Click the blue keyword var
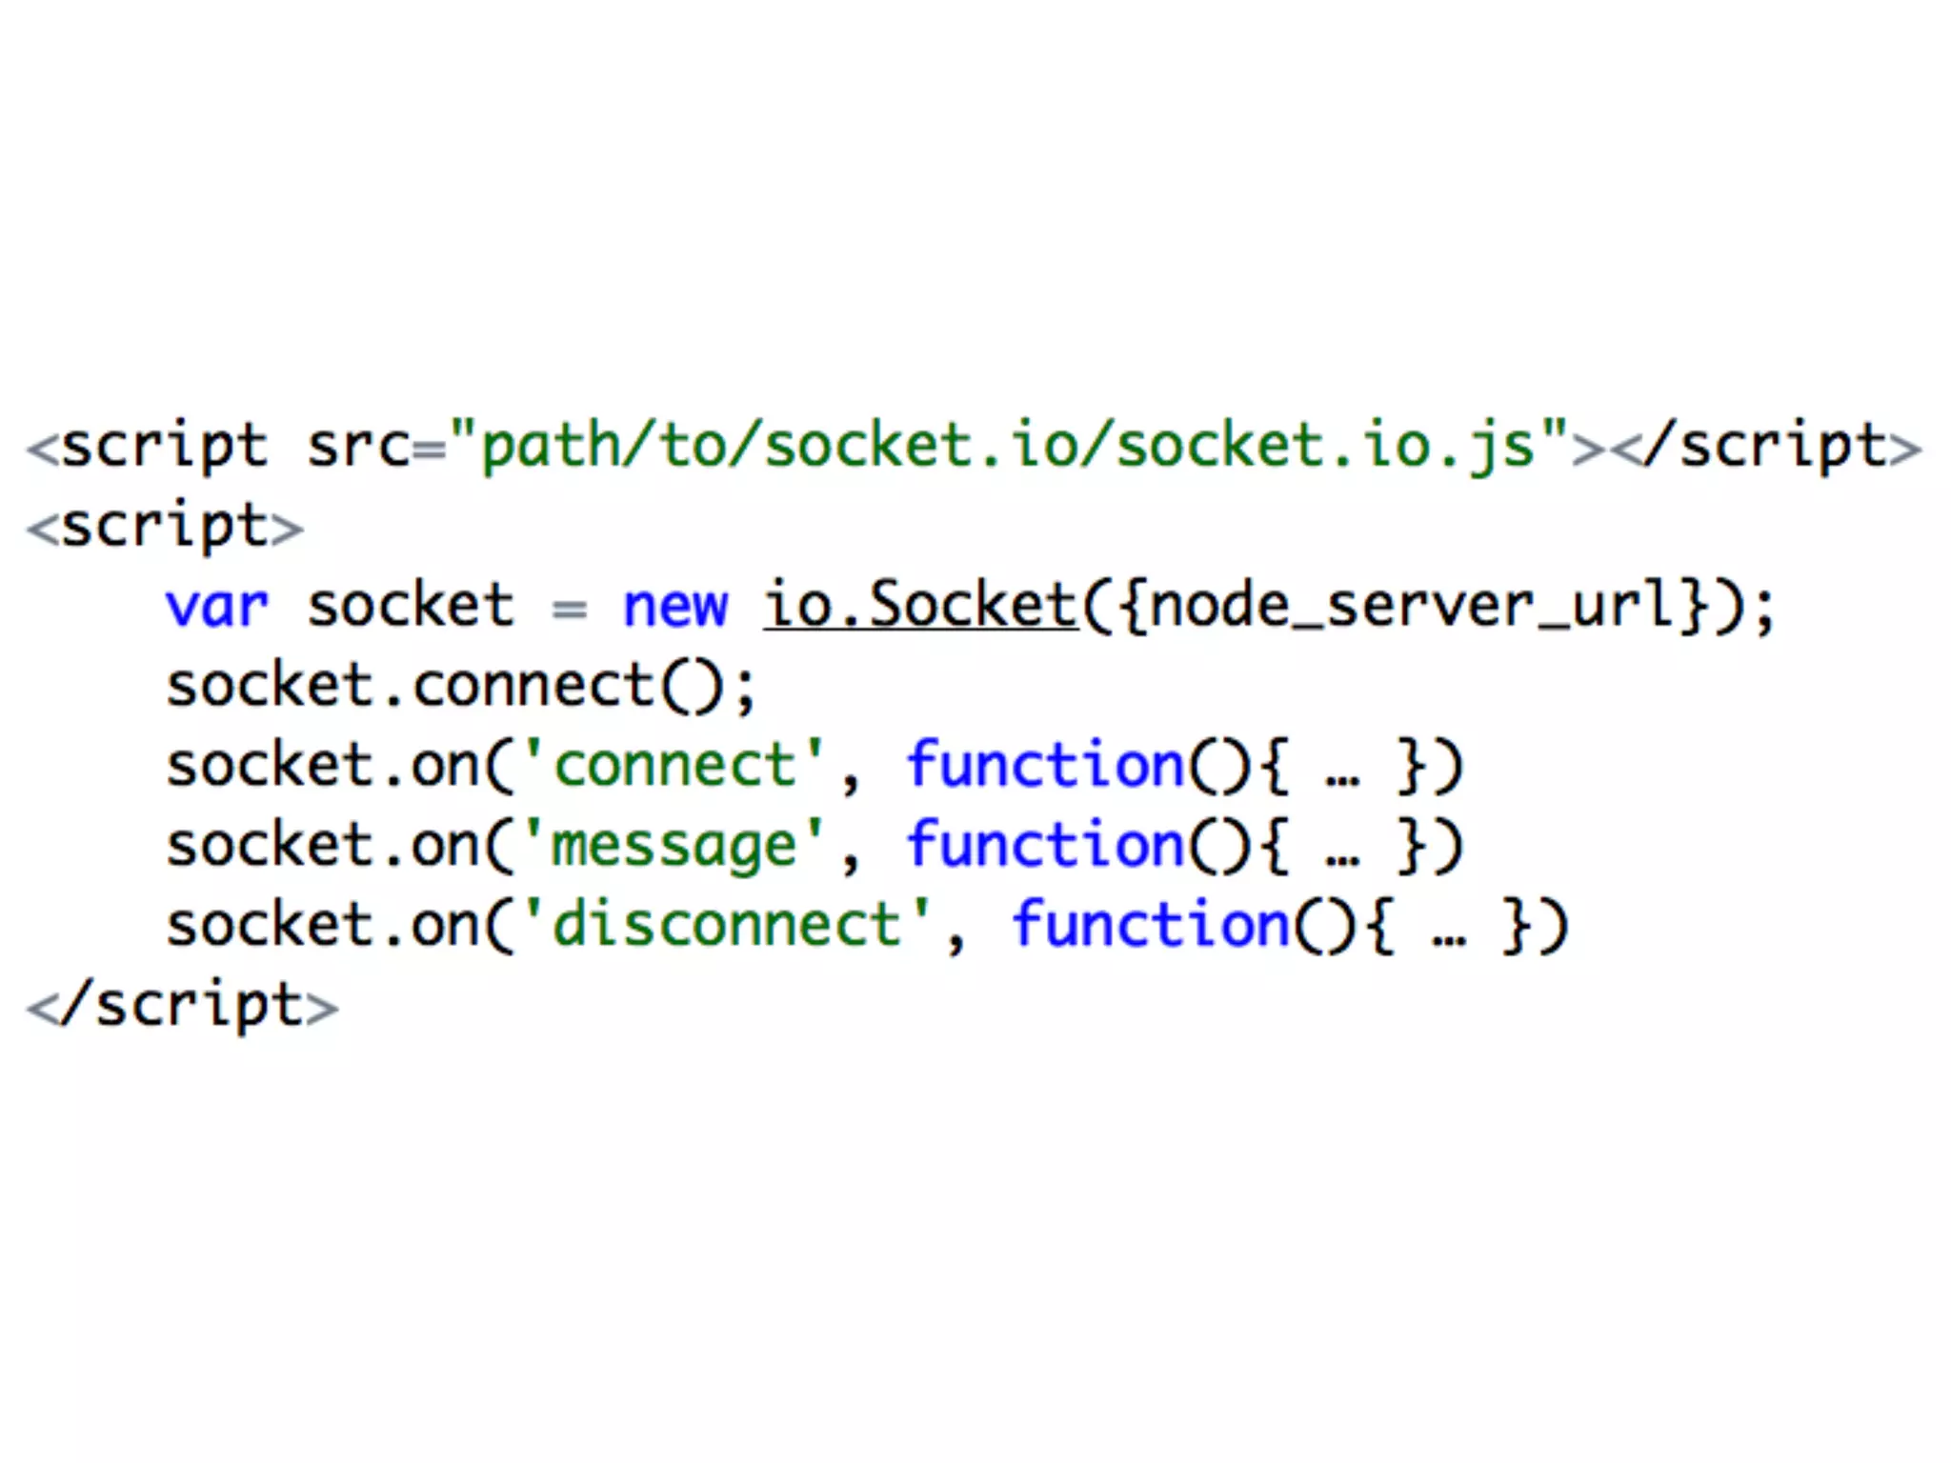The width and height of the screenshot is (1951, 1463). [x=217, y=608]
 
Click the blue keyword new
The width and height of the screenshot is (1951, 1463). [x=674, y=608]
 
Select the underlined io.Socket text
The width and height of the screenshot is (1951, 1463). [x=920, y=606]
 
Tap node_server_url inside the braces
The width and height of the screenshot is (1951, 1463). [x=1410, y=606]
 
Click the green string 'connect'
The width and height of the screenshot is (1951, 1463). [x=674, y=766]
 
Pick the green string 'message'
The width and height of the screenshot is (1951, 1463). [x=674, y=846]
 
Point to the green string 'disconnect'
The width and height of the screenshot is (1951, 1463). [x=727, y=925]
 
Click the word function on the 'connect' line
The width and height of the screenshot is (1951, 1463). [x=1045, y=766]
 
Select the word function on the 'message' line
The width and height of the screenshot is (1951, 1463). [x=1045, y=846]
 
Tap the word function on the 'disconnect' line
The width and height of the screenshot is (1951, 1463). [x=1151, y=925]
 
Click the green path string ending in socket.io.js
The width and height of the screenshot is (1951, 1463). [x=1010, y=446]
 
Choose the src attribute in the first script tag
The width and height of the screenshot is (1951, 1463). [x=358, y=448]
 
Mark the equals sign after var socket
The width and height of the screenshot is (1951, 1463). [x=570, y=609]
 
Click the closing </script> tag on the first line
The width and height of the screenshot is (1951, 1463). [x=1768, y=448]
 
